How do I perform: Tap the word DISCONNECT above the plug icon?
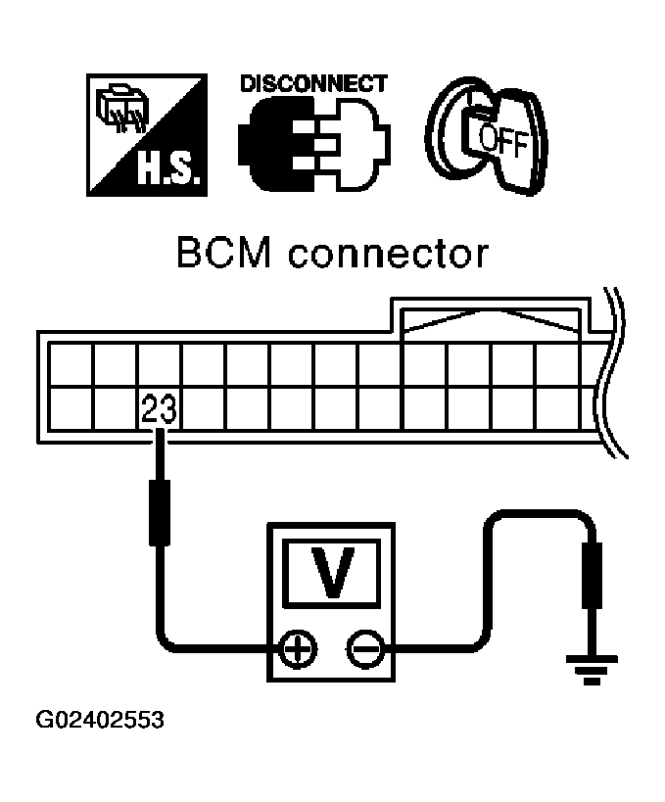[313, 83]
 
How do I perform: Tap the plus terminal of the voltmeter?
[296, 648]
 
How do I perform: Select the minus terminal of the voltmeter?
[362, 648]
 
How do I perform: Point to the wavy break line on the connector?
[616, 372]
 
